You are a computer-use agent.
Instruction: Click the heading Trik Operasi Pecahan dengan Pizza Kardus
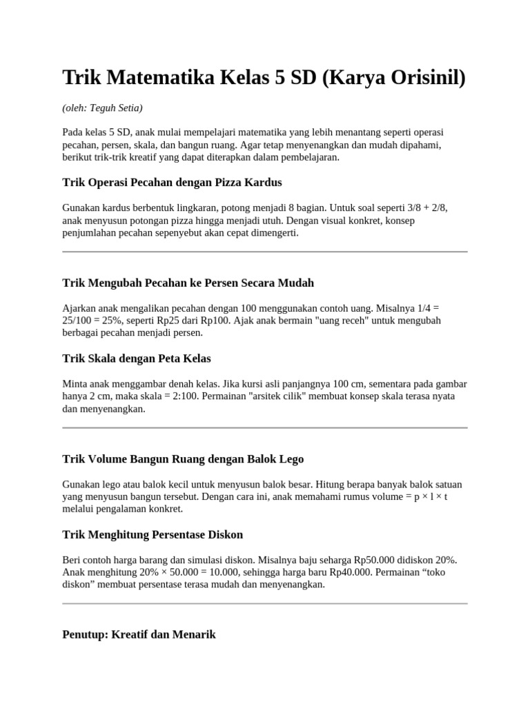[172, 182]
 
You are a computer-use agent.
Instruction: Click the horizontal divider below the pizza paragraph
[265, 252]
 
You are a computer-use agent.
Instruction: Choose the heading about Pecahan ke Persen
[188, 283]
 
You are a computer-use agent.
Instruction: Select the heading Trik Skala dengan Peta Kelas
[137, 359]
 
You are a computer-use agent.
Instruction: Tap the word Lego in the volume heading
[291, 458]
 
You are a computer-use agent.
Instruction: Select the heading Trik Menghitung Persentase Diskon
[153, 534]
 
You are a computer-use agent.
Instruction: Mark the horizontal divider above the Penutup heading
[265, 603]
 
